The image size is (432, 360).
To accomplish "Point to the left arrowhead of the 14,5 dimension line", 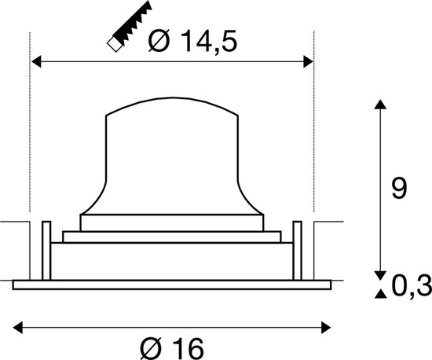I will [x=36, y=61].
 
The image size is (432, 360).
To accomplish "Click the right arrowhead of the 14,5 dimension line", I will [x=307, y=61].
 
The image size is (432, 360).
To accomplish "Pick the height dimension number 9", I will [x=400, y=189].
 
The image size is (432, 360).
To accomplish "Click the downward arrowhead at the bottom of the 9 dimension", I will [x=380, y=274].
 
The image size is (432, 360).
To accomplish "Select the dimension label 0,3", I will [x=410, y=288].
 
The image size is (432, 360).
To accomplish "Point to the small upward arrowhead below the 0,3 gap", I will [x=380, y=293].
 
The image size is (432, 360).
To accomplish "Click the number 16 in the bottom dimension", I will [x=185, y=345].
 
